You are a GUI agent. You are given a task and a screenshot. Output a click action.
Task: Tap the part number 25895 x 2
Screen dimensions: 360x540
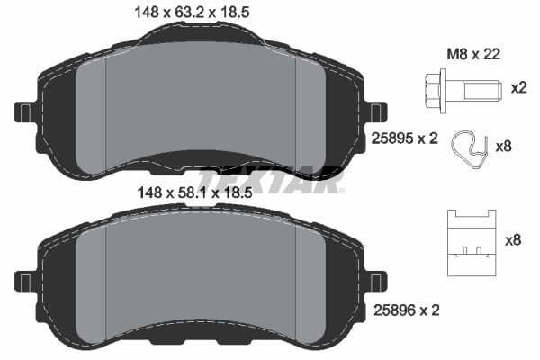(405, 139)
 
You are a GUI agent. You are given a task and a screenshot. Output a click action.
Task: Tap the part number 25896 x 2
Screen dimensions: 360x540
(405, 310)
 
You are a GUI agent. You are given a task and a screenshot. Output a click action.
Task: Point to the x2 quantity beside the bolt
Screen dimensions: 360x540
(518, 88)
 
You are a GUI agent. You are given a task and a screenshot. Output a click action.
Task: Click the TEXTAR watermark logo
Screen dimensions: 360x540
(270, 180)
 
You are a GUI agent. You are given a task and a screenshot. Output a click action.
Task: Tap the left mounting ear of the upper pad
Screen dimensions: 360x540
(24, 112)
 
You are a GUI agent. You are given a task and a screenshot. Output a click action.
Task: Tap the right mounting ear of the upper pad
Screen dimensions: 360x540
(378, 112)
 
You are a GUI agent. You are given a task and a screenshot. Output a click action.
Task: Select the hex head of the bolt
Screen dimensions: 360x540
(431, 88)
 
